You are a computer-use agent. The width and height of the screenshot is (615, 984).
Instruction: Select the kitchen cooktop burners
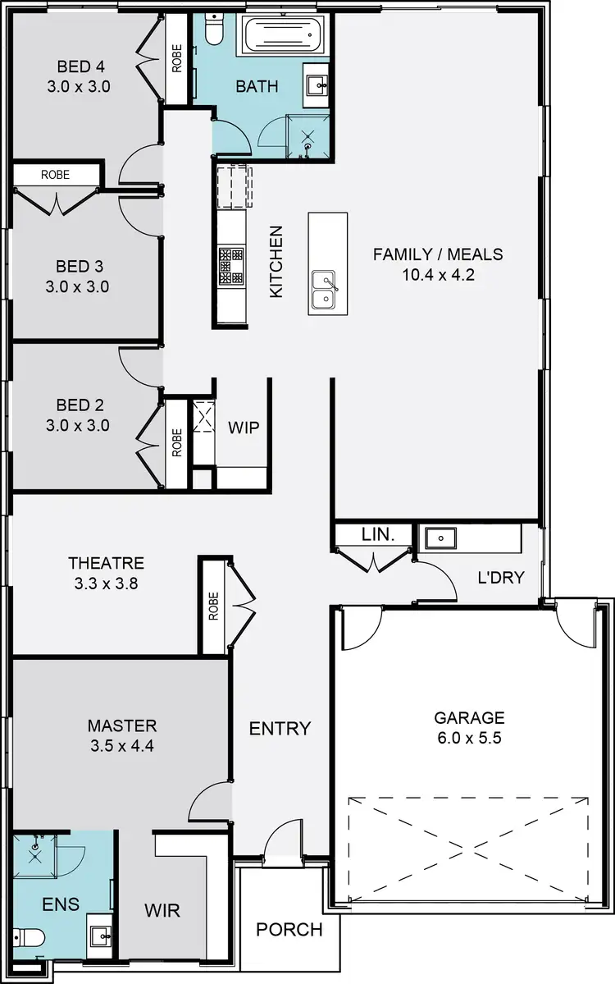click(230, 265)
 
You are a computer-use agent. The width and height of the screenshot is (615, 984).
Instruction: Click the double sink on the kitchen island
click(326, 291)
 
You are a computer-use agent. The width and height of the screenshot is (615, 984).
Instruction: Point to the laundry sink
click(440, 538)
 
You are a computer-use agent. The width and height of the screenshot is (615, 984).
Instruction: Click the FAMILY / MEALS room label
click(438, 254)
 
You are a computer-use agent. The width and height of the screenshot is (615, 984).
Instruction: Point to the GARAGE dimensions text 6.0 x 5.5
click(468, 738)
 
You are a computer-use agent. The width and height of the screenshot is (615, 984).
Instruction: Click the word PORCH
click(289, 930)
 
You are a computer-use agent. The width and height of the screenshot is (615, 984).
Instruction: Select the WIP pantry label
click(243, 428)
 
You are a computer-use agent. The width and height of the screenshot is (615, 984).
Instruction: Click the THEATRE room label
click(106, 563)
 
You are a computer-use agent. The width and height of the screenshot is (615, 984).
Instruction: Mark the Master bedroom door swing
click(208, 801)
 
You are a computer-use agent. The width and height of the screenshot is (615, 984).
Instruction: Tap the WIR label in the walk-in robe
click(162, 910)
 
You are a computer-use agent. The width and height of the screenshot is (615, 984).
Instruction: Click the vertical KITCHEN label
click(276, 262)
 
